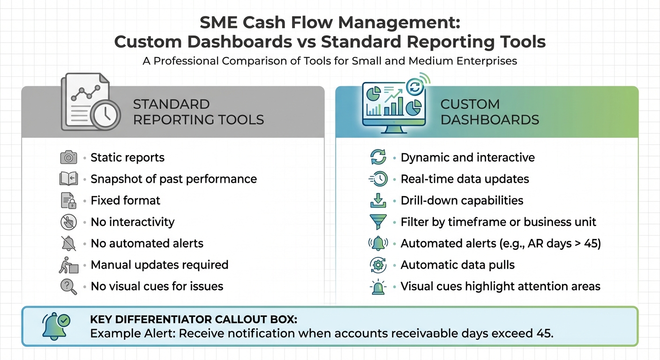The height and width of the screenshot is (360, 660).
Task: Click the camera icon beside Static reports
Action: click(x=68, y=157)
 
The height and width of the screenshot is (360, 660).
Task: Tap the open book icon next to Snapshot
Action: click(x=68, y=179)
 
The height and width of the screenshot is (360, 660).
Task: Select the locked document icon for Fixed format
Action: click(x=68, y=201)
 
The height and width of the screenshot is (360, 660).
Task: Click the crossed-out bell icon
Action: click(x=68, y=243)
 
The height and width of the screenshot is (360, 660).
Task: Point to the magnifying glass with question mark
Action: click(x=68, y=286)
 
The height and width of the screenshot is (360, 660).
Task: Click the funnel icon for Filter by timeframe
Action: click(x=378, y=222)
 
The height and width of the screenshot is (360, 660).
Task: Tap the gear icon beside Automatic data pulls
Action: click(x=378, y=265)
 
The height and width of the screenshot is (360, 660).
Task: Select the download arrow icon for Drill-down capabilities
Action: click(x=378, y=201)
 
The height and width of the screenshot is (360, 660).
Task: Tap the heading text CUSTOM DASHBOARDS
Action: click(x=490, y=112)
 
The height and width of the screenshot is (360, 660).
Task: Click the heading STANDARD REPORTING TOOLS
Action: click(x=198, y=112)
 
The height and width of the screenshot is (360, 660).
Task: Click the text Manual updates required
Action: click(x=159, y=265)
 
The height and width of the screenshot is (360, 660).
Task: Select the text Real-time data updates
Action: click(x=465, y=179)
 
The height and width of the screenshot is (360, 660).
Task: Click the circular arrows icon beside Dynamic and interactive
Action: click(x=378, y=157)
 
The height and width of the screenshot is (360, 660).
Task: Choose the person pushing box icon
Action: click(x=68, y=265)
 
